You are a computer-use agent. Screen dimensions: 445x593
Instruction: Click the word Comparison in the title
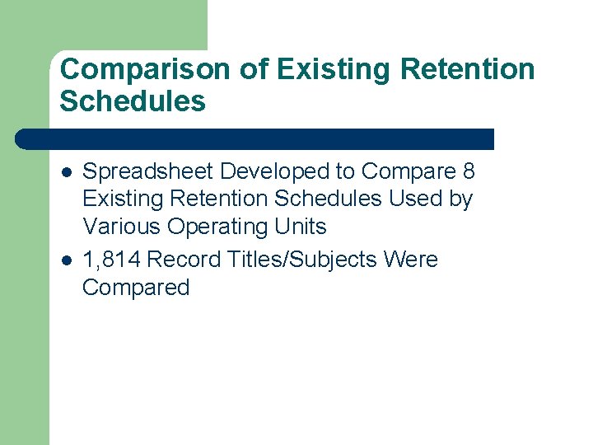145,69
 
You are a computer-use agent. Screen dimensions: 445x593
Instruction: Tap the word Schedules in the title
133,101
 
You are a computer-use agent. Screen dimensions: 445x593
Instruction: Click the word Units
302,226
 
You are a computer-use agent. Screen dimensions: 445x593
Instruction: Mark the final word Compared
136,288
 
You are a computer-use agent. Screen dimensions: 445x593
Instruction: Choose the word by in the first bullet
461,199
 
